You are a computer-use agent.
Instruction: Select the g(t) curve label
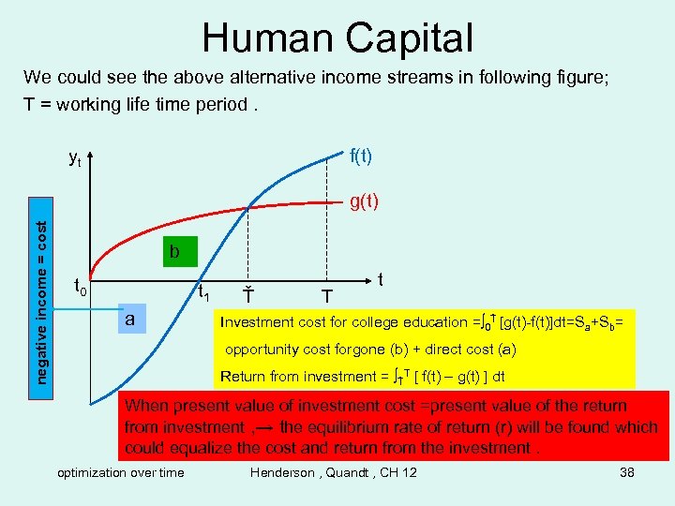[363, 201]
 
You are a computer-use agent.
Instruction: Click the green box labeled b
[174, 251]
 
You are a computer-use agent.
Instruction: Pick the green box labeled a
[131, 320]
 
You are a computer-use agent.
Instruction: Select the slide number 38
[627, 472]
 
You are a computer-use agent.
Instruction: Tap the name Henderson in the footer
[282, 472]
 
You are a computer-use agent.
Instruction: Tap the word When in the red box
[144, 406]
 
